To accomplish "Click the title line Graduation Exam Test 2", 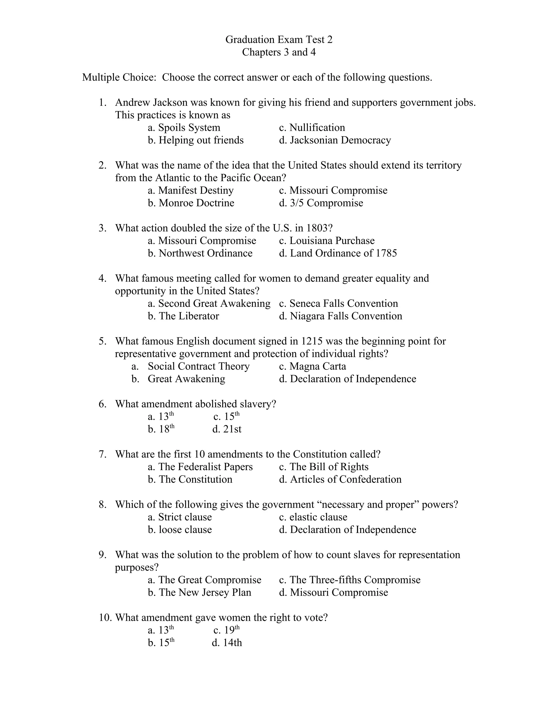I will tap(279, 40).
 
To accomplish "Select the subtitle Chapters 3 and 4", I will tap(279, 52).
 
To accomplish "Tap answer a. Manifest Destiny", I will tap(190, 190).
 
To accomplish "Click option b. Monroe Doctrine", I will tap(191, 203).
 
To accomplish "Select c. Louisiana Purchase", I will tap(327, 241).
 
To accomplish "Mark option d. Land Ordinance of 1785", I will tap(338, 253).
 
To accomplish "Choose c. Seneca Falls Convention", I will tap(338, 303).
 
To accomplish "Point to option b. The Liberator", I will tap(183, 316).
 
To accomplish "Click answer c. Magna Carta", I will tap(313, 366).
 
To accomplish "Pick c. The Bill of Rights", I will tap(324, 467).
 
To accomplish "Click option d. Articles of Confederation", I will tap(340, 479).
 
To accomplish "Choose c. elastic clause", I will tap(313, 517).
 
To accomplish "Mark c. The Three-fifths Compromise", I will tap(350, 580).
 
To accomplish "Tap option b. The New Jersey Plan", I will tap(199, 592).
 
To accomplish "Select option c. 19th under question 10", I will tap(226, 630).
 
